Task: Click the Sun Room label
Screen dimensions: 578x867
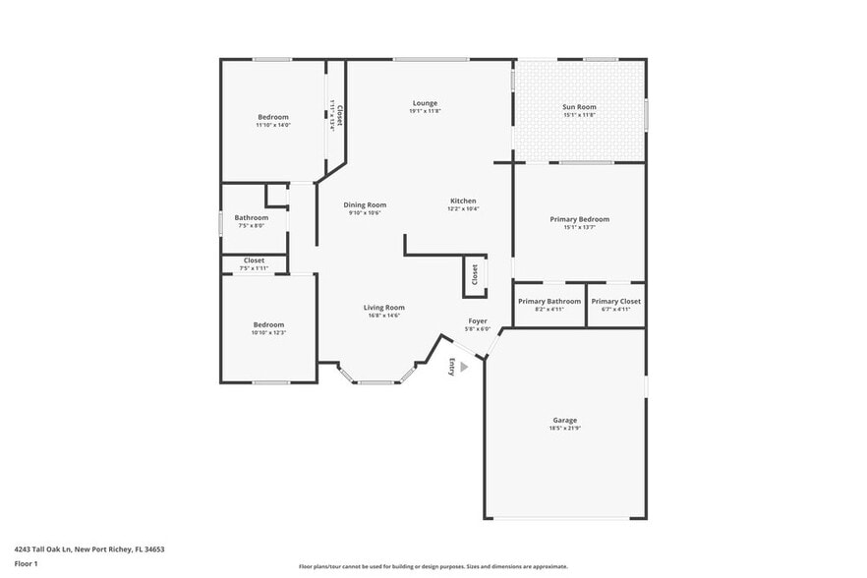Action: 579,107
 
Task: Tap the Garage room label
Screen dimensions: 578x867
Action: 564,421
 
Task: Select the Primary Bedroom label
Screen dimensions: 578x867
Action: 579,219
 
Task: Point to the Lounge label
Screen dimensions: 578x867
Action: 425,103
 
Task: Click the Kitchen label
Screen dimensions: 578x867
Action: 463,201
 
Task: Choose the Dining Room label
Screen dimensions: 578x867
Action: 365,204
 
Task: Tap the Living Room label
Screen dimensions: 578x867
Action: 385,308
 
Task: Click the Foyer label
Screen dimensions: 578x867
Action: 478,320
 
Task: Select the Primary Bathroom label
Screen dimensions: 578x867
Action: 549,301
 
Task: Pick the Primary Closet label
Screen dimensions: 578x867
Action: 616,301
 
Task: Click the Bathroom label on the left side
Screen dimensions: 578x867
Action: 252,217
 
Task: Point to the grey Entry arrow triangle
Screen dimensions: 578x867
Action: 464,367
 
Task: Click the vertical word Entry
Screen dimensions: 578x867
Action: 452,367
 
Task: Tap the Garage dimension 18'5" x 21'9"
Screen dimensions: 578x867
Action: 564,430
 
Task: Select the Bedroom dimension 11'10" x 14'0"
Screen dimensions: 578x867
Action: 273,125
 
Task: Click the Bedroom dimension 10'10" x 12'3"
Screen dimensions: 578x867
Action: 268,332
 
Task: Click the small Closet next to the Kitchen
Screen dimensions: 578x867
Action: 474,274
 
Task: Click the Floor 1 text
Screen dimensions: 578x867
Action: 26,563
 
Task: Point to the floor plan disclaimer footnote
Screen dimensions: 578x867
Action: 433,566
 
